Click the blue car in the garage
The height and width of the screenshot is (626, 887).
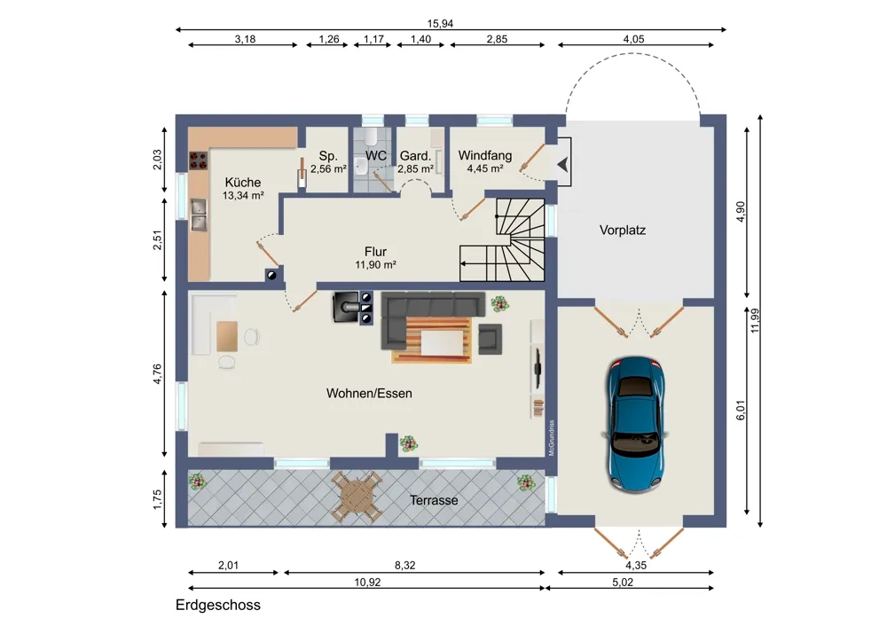click(635, 424)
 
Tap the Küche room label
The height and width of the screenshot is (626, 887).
click(243, 183)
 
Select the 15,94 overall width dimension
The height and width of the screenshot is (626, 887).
click(440, 24)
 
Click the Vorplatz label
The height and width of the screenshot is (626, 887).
click(623, 231)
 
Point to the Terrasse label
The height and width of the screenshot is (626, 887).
click(434, 500)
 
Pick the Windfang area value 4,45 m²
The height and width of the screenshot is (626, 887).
click(485, 168)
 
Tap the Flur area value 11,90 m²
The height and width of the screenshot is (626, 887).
click(375, 264)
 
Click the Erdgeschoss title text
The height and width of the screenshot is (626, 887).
click(218, 605)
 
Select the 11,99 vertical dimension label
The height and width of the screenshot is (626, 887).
click(755, 321)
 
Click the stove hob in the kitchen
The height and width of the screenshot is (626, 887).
click(198, 160)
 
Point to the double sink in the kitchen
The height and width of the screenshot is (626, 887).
click(198, 215)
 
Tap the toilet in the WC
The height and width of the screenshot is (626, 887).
click(371, 137)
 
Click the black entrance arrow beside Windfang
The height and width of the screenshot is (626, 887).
click(563, 165)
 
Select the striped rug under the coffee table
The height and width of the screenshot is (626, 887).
click(432, 340)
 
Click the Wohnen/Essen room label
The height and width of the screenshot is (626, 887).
click(369, 394)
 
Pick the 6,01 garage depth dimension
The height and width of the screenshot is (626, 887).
click(741, 410)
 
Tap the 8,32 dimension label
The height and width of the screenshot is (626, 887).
click(405, 565)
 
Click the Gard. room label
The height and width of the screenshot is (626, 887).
click(415, 156)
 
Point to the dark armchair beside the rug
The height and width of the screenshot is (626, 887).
click(491, 339)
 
